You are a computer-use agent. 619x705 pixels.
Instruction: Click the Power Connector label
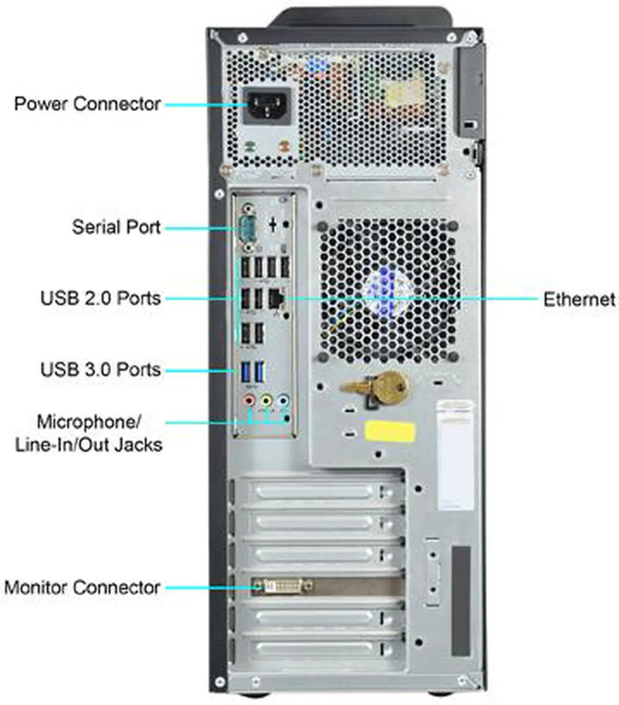pyautogui.click(x=87, y=104)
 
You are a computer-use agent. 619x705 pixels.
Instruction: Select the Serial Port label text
pyautogui.click(x=116, y=227)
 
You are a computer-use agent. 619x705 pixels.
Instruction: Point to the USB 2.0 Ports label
pyautogui.click(x=100, y=298)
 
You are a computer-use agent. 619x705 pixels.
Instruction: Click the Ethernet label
pyautogui.click(x=578, y=299)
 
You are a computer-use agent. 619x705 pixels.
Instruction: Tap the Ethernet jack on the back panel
pyautogui.click(x=276, y=297)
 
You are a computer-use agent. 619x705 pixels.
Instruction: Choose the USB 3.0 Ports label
pyautogui.click(x=100, y=369)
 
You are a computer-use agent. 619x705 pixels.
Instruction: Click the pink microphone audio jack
pyautogui.click(x=249, y=400)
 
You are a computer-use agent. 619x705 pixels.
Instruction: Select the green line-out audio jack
pyautogui.click(x=266, y=400)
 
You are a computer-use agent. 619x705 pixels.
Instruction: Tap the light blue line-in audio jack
pyautogui.click(x=283, y=400)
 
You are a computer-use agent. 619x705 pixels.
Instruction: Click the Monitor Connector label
pyautogui.click(x=82, y=587)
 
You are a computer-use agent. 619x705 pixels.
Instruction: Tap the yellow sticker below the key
pyautogui.click(x=390, y=430)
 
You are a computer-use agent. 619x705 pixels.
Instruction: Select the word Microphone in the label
pyautogui.click(x=88, y=422)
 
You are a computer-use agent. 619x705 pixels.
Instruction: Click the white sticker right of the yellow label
pyautogui.click(x=456, y=455)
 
